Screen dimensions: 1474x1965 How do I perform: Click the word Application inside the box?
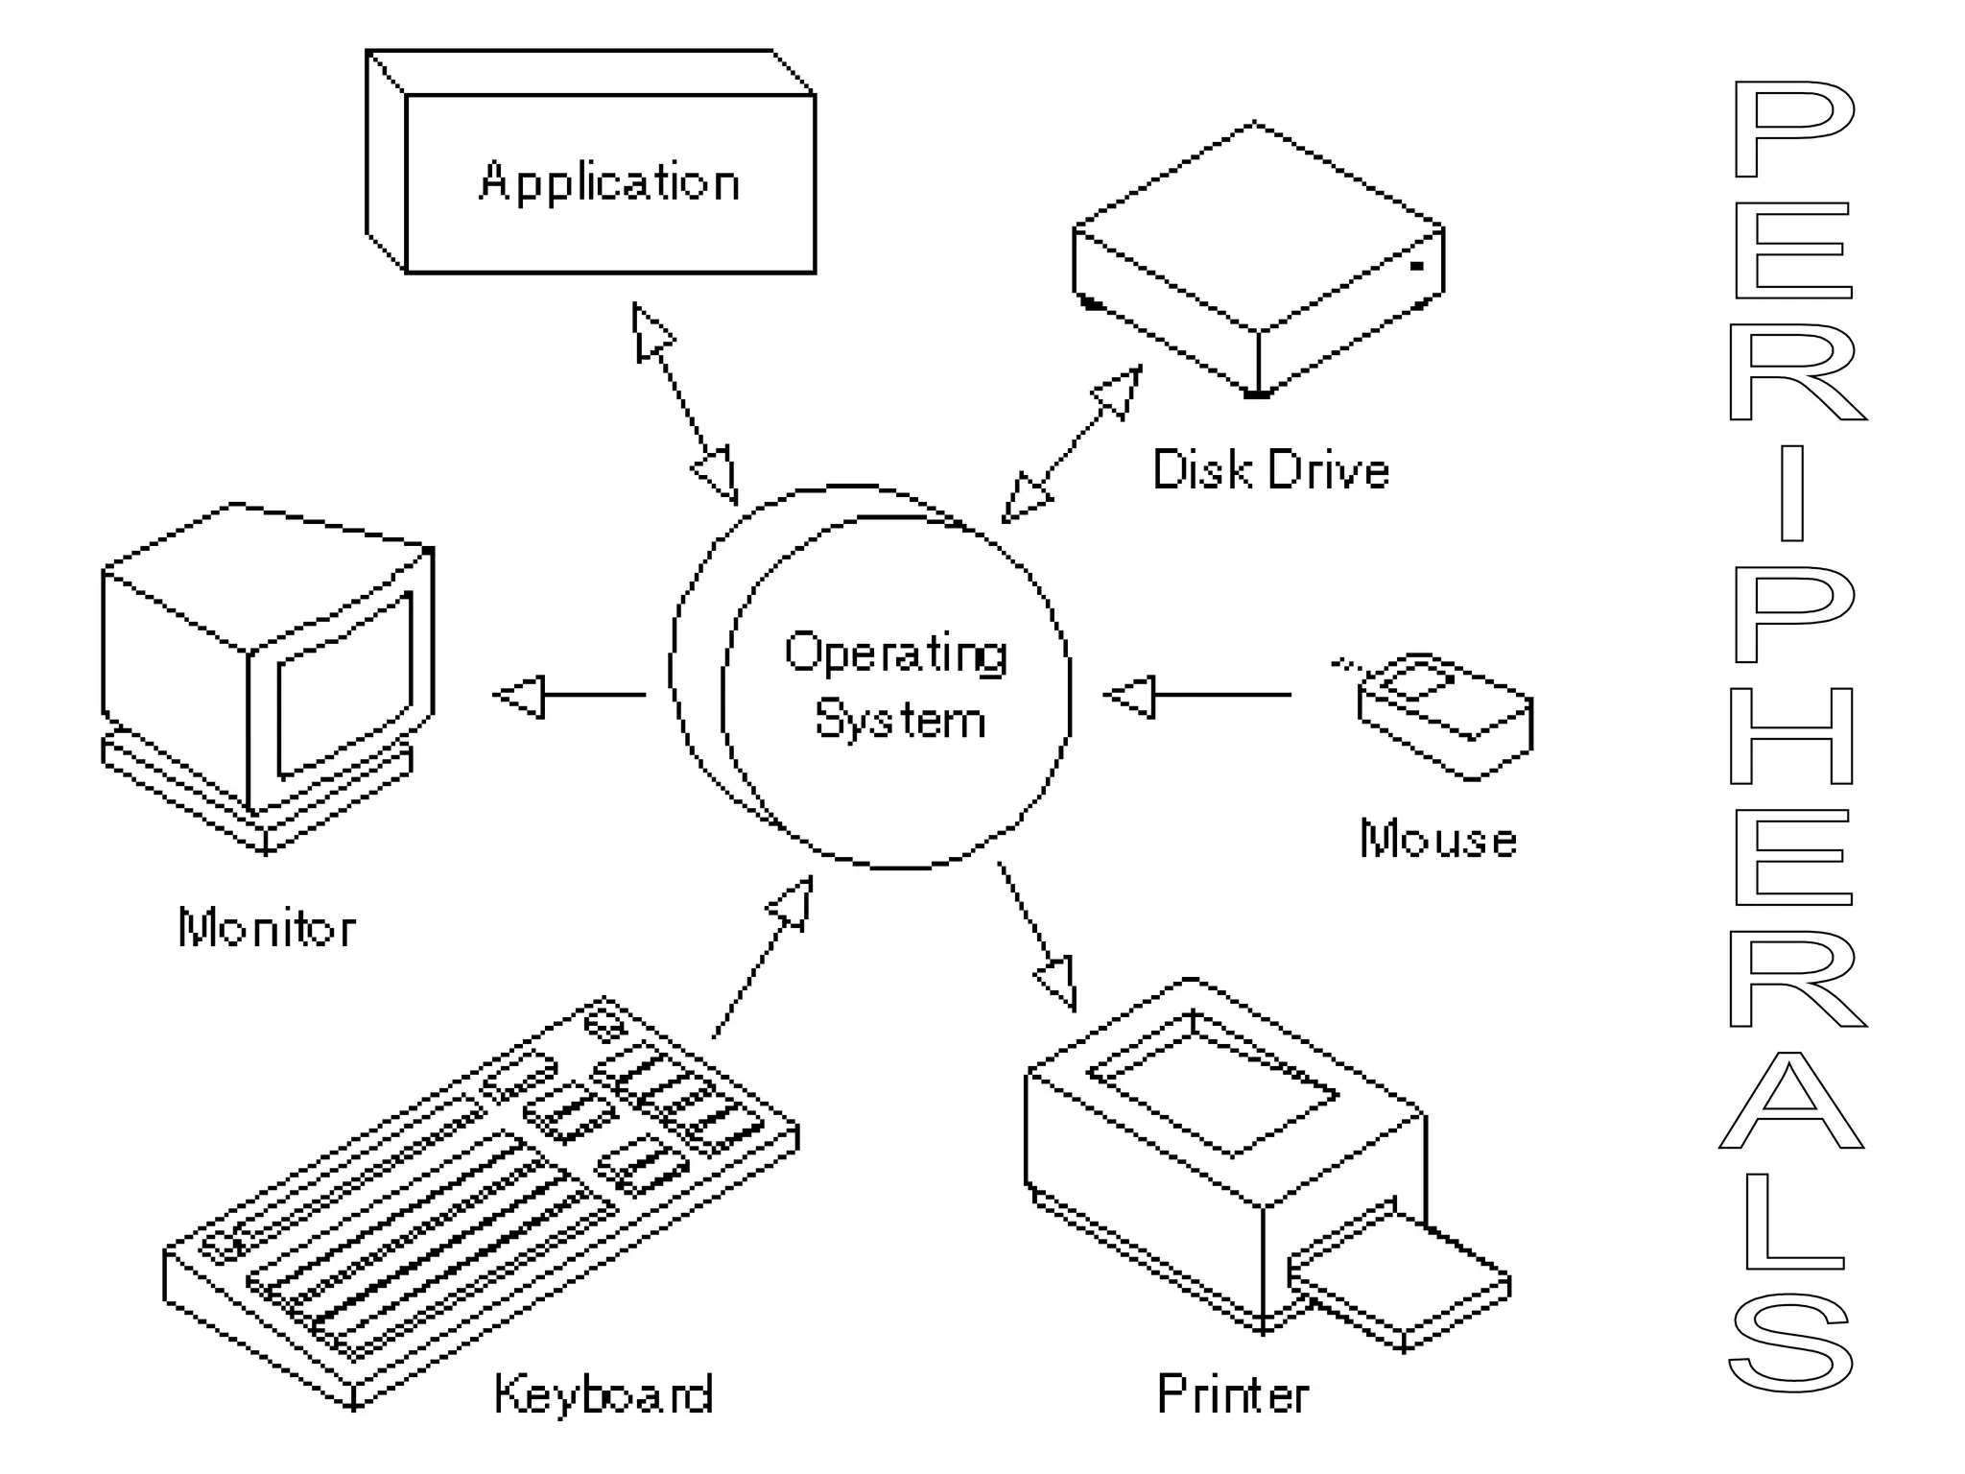point(609,182)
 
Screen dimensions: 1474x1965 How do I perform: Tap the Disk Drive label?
point(1270,470)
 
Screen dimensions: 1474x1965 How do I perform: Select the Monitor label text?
point(267,928)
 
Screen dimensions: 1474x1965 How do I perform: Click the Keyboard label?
point(604,1393)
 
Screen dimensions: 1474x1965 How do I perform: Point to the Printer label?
point(1233,1393)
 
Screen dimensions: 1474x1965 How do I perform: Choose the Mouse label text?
point(1438,839)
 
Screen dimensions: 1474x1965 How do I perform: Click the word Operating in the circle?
point(896,654)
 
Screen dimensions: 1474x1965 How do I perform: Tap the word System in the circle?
point(900,720)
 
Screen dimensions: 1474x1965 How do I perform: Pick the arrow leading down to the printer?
point(1036,937)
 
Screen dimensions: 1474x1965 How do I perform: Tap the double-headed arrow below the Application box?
point(685,403)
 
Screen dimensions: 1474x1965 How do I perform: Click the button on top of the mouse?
point(1420,682)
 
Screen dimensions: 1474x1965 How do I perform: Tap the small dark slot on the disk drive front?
point(1417,265)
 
